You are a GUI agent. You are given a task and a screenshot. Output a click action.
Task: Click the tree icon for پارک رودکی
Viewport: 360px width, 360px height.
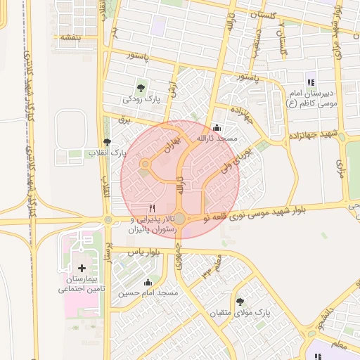tap(141, 89)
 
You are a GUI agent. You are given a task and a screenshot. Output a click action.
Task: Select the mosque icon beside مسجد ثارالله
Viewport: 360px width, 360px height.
tap(215, 128)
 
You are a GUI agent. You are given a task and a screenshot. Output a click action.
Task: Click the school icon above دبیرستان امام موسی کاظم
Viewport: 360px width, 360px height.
tap(310, 81)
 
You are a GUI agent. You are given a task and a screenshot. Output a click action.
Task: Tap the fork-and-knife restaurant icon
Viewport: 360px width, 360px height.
tap(153, 209)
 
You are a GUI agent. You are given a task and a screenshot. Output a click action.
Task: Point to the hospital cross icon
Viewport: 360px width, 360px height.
tap(82, 268)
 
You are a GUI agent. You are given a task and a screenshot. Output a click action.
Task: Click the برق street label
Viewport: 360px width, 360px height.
tap(124, 120)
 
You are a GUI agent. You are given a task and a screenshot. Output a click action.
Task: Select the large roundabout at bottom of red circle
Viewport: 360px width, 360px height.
tap(180, 219)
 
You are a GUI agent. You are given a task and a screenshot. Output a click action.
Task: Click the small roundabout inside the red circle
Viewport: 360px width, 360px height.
tap(145, 165)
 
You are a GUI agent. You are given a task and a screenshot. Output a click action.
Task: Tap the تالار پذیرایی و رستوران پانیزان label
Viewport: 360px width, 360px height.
tap(153, 224)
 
